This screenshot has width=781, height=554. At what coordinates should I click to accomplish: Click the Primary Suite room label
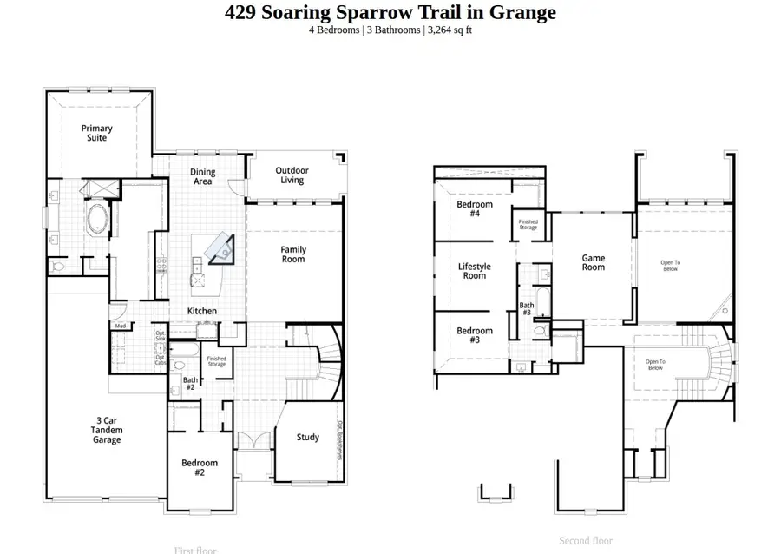[97, 133]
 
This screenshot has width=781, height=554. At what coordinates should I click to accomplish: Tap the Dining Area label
[202, 177]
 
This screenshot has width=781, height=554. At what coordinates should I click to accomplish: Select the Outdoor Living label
[292, 175]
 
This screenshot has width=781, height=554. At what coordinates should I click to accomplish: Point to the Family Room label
[293, 254]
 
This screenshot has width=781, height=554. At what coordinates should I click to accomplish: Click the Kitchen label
[202, 311]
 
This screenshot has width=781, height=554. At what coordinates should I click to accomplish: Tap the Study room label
[307, 438]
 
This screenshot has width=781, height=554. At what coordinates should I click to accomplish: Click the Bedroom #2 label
[199, 467]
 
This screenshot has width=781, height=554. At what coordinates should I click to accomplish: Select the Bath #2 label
[189, 383]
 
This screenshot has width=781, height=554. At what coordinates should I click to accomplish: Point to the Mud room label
[120, 326]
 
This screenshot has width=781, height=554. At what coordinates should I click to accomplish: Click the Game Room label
[593, 262]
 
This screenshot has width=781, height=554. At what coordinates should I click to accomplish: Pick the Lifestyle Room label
[474, 271]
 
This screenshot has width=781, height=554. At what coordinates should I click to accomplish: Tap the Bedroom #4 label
[475, 208]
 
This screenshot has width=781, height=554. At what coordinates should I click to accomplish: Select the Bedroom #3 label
[475, 335]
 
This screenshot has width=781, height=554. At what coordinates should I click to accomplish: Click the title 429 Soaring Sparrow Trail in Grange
[390, 12]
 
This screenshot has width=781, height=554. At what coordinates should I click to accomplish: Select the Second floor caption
[586, 540]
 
